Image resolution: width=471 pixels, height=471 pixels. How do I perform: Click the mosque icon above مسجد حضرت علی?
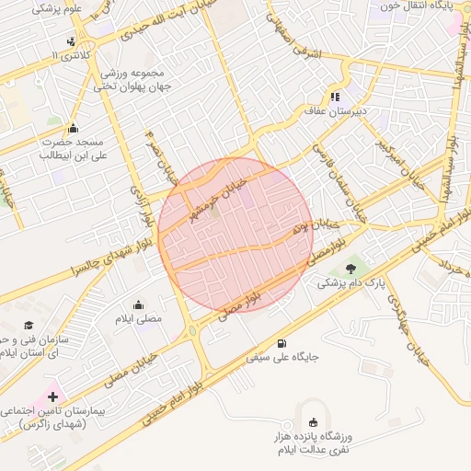click(x=74, y=127)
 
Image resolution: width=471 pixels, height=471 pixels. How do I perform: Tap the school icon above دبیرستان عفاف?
click(x=335, y=96)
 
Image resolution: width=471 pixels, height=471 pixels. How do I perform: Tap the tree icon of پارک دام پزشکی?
click(x=350, y=268)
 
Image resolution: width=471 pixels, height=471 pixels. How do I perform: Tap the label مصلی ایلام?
click(x=139, y=317)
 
